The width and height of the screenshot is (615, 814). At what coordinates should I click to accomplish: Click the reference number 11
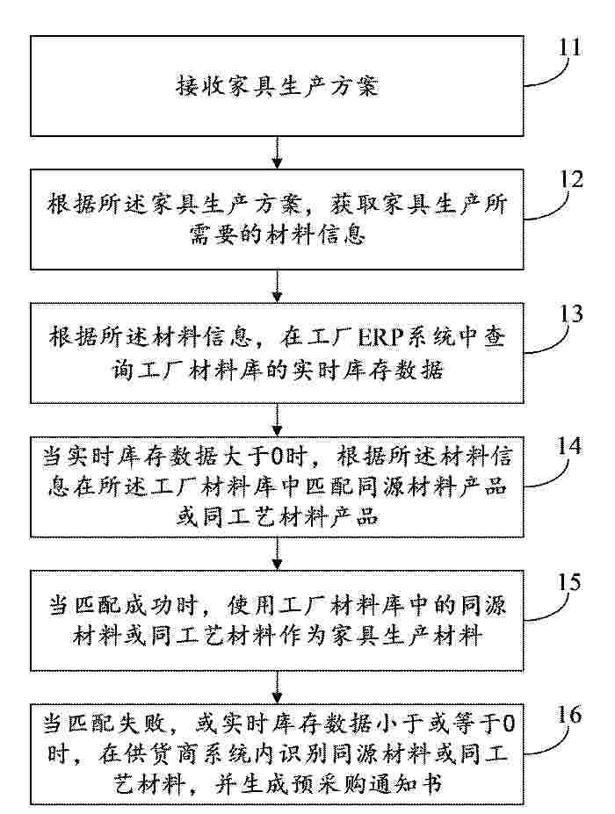570,47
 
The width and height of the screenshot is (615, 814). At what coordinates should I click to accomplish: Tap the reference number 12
571,180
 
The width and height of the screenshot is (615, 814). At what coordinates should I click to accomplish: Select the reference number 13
571,314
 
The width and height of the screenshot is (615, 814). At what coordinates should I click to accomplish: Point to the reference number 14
570,446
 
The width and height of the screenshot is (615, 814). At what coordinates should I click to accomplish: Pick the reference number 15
569,582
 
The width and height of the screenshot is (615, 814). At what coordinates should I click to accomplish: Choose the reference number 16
569,716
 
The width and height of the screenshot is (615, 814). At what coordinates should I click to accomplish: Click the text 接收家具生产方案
277,86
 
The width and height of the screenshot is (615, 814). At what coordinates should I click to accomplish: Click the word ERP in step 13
380,338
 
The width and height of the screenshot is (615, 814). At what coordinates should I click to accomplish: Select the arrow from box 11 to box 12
278,153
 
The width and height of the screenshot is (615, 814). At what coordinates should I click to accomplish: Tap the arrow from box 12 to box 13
278,286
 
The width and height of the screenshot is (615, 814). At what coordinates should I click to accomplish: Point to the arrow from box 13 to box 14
278,420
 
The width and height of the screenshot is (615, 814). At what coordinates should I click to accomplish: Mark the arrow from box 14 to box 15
278,553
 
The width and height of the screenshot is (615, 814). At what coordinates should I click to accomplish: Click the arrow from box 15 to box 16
278,688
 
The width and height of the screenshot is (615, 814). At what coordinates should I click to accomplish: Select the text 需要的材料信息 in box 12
278,236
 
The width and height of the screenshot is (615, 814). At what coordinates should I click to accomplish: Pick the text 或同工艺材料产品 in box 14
278,517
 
